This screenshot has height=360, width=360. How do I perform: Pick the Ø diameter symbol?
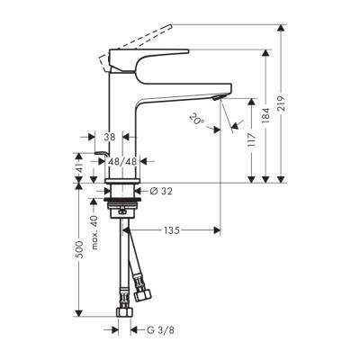(x=144, y=190)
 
